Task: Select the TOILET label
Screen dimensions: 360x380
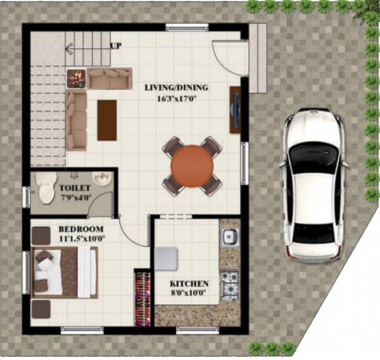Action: point(75,188)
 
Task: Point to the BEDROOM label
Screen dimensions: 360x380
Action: point(82,229)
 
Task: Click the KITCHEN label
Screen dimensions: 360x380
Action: point(189,283)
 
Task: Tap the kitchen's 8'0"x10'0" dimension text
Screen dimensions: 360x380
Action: point(189,293)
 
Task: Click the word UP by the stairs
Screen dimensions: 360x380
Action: point(116,46)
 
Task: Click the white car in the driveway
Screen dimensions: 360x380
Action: point(314,185)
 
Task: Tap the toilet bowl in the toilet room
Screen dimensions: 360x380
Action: point(45,188)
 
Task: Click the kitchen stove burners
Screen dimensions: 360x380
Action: point(229,279)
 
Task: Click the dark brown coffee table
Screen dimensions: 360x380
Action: point(107,120)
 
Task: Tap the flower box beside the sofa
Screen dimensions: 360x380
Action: point(76,78)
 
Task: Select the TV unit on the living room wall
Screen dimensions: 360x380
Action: point(235,108)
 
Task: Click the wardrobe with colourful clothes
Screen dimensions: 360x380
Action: point(142,299)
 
